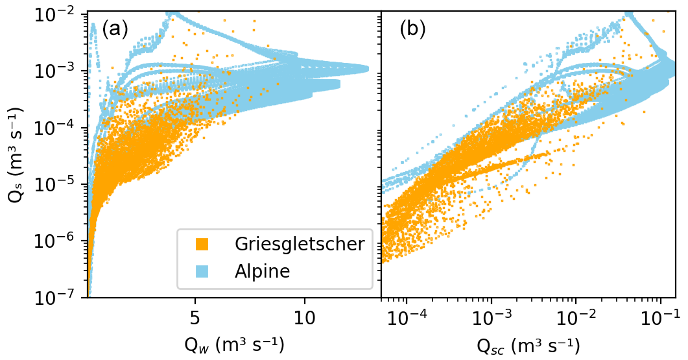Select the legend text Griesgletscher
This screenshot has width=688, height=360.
coord(300,245)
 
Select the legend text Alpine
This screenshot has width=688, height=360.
coord(261,271)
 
